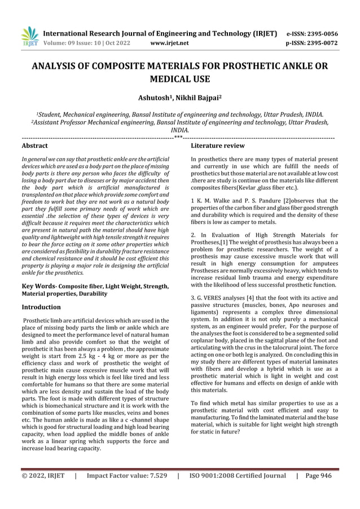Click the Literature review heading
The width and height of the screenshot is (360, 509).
point(218,145)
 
